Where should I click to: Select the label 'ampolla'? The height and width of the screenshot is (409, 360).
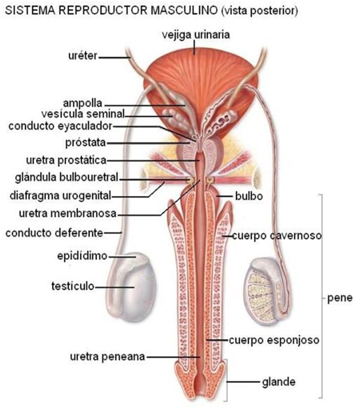coord(82,104)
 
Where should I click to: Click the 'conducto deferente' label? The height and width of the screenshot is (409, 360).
coord(54,232)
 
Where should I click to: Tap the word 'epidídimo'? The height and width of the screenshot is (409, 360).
coord(83,256)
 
